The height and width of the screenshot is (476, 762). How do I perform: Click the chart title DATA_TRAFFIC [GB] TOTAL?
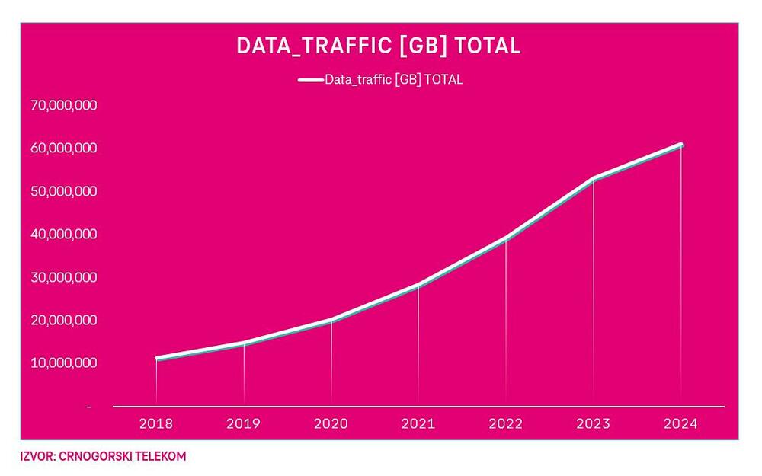[x=379, y=46]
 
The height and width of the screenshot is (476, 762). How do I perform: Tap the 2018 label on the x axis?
[x=156, y=424]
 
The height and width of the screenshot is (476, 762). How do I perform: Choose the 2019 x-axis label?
[x=244, y=424]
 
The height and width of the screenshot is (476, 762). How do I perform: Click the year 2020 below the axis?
[x=331, y=424]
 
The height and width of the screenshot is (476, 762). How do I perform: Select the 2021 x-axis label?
[x=418, y=424]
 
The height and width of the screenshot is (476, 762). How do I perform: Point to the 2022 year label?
[x=506, y=424]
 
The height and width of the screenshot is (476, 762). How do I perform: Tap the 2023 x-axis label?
[x=593, y=424]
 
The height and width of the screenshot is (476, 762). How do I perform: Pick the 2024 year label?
[x=680, y=424]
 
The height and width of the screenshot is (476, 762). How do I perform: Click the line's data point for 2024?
[x=680, y=145]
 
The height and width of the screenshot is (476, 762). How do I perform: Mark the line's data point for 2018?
[x=156, y=358]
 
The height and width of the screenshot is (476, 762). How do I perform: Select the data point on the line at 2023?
[x=593, y=179]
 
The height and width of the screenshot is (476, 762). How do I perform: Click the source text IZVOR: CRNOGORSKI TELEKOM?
[x=103, y=456]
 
